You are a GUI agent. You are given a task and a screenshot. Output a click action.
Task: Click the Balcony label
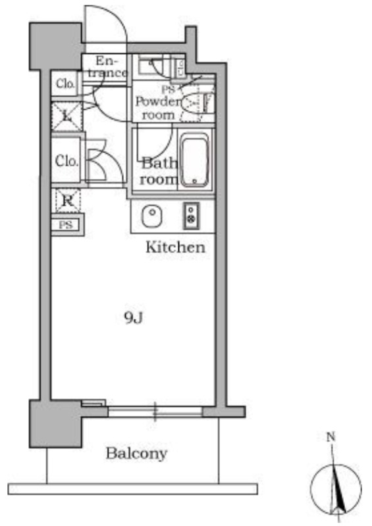click(x=136, y=454)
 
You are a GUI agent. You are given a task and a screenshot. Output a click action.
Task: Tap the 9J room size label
click(x=134, y=318)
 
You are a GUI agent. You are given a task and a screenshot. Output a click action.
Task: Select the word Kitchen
click(x=175, y=248)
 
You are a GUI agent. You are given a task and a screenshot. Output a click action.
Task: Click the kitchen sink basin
click(x=152, y=216)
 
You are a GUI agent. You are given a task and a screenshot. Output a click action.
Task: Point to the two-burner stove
click(x=191, y=216)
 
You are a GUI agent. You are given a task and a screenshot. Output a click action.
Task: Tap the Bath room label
click(x=159, y=172)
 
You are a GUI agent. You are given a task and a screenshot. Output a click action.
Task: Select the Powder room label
click(x=158, y=108)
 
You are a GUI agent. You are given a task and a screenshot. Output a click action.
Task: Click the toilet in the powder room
click(x=192, y=104)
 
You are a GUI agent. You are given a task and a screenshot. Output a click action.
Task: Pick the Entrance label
click(x=107, y=67)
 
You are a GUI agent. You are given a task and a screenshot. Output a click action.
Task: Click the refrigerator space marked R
click(x=68, y=201)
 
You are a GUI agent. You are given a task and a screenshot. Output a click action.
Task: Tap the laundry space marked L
click(x=67, y=116)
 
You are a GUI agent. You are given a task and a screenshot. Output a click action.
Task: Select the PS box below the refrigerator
click(x=66, y=225)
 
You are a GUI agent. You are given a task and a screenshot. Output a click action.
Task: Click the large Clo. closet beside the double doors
click(x=66, y=160)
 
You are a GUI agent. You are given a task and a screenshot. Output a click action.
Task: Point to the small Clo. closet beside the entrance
click(x=65, y=84)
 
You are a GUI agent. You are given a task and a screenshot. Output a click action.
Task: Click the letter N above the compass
click(x=331, y=437)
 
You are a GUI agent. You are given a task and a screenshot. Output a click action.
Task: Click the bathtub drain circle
click(x=194, y=181)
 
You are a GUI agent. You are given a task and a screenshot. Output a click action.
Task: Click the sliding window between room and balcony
click(x=155, y=412)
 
